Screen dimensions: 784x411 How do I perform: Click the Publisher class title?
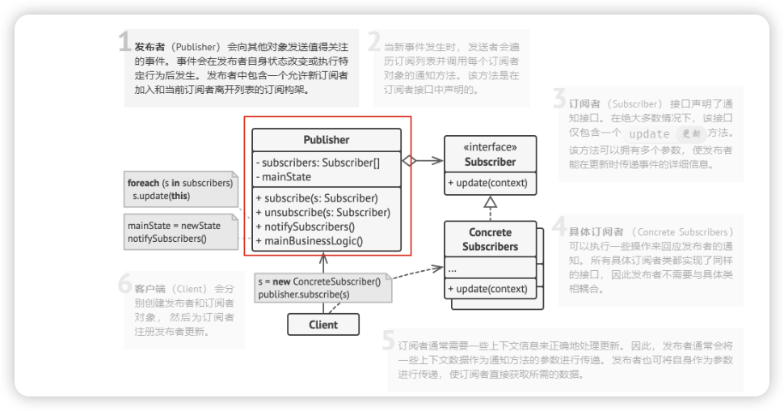click(327, 140)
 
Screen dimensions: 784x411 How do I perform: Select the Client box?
click(323, 324)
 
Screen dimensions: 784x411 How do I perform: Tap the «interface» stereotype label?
click(490, 147)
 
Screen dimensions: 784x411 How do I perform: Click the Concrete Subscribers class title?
click(490, 239)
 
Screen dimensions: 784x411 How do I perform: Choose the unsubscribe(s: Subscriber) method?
click(322, 212)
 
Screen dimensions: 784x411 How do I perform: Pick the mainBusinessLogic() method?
click(310, 239)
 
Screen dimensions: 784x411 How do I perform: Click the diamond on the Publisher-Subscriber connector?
click(409, 161)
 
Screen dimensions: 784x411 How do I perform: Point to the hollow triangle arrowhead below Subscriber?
click(490, 202)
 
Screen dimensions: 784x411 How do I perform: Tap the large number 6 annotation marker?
click(124, 284)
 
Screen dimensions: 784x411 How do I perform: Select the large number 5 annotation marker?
click(389, 341)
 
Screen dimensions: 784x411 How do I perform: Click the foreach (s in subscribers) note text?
click(180, 183)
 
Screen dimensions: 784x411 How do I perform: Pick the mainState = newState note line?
click(174, 226)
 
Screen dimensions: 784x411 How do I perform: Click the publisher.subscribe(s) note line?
click(304, 294)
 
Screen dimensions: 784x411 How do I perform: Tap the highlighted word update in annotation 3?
click(649, 133)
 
